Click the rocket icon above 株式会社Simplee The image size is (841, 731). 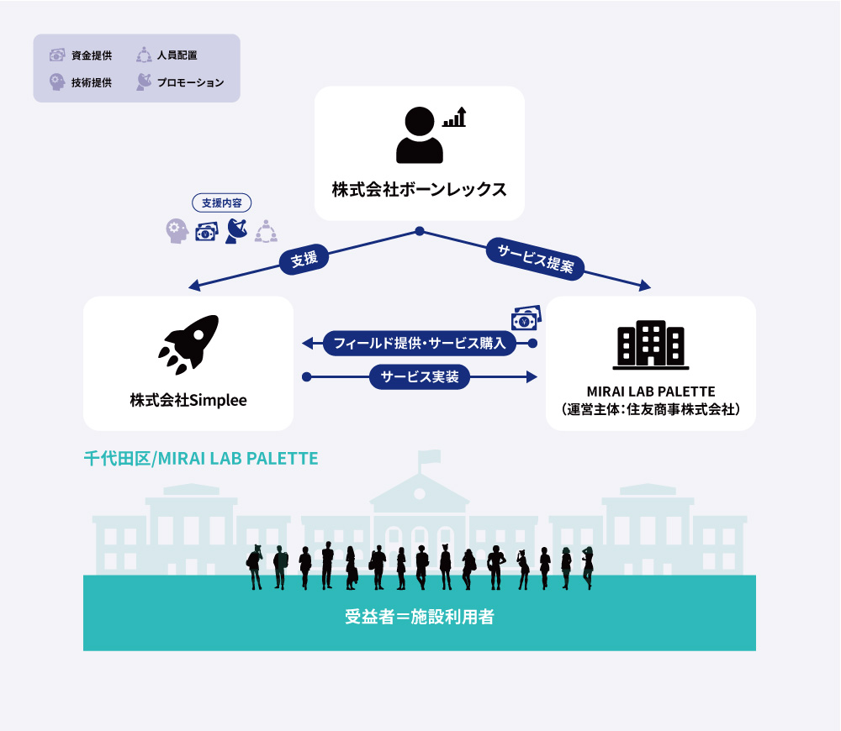coord(188,344)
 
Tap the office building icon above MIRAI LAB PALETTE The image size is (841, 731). coord(651,345)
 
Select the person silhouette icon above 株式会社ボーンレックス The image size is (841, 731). coord(420,134)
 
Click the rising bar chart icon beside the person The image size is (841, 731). coord(454,117)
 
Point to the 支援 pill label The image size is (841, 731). coord(304,260)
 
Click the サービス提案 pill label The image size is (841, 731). coord(535,258)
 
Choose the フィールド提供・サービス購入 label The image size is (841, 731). coord(420,343)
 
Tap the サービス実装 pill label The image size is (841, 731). coord(420,376)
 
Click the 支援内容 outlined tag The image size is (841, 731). coord(221,203)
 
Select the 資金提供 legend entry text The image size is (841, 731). coord(92,55)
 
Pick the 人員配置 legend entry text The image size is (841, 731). coord(177,55)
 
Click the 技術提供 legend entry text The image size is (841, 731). coord(92,82)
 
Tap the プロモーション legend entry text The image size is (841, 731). coord(190,82)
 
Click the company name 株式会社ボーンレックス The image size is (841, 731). coord(420,189)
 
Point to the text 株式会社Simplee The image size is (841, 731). coord(188,400)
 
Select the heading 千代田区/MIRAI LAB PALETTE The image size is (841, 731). coord(201,459)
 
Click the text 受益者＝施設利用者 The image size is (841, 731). coord(420,617)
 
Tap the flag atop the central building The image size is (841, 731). coord(430,456)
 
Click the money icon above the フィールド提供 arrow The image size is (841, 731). coord(526,318)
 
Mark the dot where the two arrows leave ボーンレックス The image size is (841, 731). coord(420,231)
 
